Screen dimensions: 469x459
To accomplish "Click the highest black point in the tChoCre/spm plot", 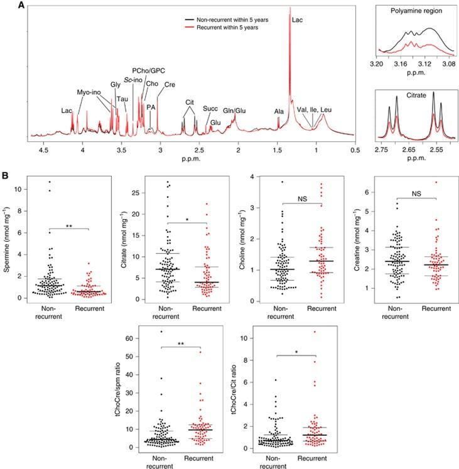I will click(161, 332).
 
